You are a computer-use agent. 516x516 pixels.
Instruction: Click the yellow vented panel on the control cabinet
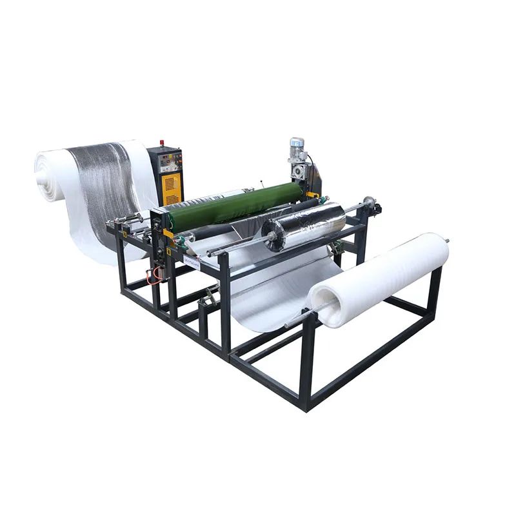[x=170, y=187]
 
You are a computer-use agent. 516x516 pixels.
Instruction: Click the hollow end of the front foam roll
[x=321, y=300]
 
